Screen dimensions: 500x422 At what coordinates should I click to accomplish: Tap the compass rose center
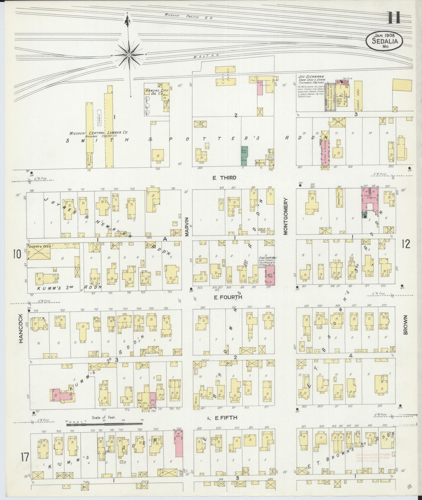click(129, 55)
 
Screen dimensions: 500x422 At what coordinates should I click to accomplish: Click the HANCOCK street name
click(21, 328)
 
